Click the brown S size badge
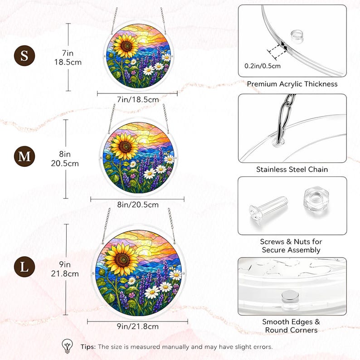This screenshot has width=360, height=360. (x=24, y=56)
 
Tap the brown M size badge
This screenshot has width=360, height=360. (x=24, y=156)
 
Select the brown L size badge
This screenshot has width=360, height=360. (x=24, y=267)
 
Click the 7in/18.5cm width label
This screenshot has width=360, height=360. (x=138, y=100)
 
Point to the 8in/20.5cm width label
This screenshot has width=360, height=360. (x=138, y=204)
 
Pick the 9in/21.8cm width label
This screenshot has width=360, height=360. (x=138, y=326)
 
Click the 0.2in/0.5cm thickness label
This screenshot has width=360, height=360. (x=263, y=66)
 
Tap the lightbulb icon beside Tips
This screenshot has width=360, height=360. (x=67, y=346)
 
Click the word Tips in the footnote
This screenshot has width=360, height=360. (x=88, y=347)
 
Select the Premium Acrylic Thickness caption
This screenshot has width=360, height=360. (x=292, y=84)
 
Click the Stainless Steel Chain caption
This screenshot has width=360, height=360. (x=292, y=170)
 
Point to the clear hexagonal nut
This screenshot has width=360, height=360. (x=316, y=199)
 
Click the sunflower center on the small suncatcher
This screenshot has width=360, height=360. (x=126, y=46)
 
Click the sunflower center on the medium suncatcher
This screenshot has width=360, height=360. (x=125, y=146)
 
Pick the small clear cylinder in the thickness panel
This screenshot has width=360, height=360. (x=297, y=36)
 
